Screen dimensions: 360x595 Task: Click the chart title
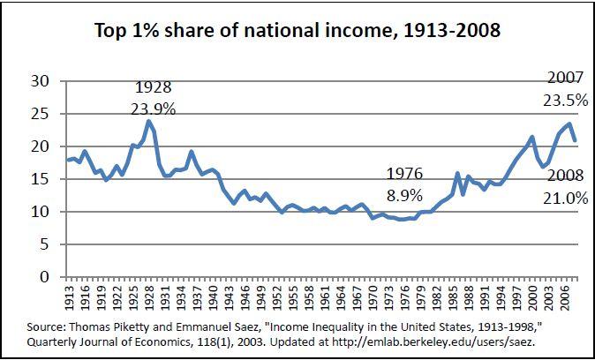click(297, 30)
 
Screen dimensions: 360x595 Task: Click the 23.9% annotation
click(154, 110)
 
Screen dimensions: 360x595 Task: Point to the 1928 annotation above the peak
click(153, 88)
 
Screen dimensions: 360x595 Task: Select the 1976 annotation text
click(404, 174)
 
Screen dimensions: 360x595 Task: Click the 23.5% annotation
click(565, 101)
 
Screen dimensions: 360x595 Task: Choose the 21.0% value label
click(565, 199)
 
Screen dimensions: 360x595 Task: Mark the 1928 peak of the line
click(149, 122)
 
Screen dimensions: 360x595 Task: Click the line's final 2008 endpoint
click(576, 140)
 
